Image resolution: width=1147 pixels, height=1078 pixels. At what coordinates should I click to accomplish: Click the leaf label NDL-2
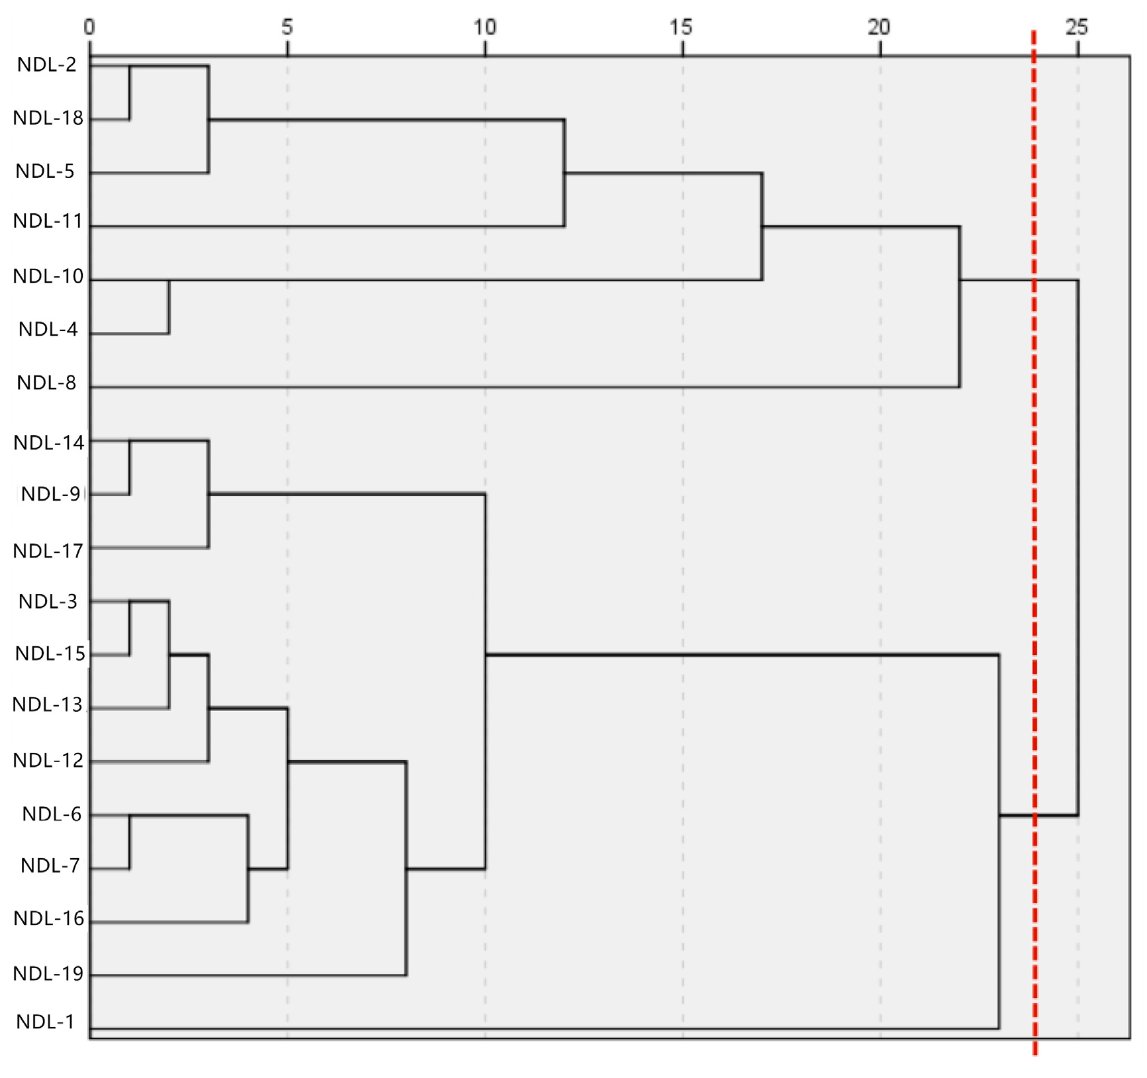pyautogui.click(x=47, y=64)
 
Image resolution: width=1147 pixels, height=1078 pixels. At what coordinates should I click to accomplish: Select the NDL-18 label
pyautogui.click(x=48, y=118)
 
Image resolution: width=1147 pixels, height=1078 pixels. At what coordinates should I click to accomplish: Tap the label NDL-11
pyautogui.click(x=48, y=220)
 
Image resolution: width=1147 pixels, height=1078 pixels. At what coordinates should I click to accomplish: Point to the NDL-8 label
pyautogui.click(x=46, y=383)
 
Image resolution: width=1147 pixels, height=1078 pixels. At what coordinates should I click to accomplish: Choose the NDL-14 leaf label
pyautogui.click(x=49, y=442)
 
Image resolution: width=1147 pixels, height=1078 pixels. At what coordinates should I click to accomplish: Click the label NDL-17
pyautogui.click(x=48, y=551)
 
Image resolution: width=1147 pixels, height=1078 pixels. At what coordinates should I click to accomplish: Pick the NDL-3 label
pyautogui.click(x=48, y=601)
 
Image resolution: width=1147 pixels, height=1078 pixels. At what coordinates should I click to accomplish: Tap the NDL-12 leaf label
pyautogui.click(x=48, y=760)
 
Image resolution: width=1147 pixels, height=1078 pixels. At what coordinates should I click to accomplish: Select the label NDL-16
pyautogui.click(x=49, y=918)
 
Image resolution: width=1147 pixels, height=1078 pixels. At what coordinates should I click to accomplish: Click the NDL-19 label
pyautogui.click(x=48, y=973)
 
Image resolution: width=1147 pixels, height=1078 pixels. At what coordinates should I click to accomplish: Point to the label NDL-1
pyautogui.click(x=46, y=1022)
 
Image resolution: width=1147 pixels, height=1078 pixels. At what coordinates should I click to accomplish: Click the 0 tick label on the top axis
pyautogui.click(x=89, y=27)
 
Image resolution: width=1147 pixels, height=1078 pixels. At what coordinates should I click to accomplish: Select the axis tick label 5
pyautogui.click(x=287, y=27)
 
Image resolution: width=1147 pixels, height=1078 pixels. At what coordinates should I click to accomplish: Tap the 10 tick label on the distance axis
pyautogui.click(x=485, y=27)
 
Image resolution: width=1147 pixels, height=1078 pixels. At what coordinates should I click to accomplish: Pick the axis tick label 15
pyautogui.click(x=681, y=27)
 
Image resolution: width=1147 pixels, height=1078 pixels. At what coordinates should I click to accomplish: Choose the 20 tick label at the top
pyautogui.click(x=879, y=27)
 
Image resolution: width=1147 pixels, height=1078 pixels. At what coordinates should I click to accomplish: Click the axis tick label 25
pyautogui.click(x=1077, y=27)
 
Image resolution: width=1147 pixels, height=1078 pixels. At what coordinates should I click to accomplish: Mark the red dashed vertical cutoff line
pyautogui.click(x=1034, y=530)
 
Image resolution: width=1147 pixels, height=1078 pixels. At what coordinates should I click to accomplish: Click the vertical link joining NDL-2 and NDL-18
pyautogui.click(x=130, y=93)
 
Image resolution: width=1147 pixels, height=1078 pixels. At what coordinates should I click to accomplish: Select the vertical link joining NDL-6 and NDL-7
pyautogui.click(x=130, y=842)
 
